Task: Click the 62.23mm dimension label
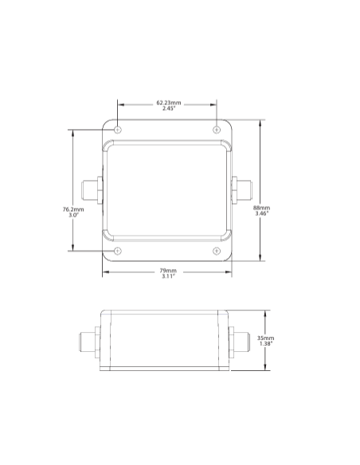coord(168,103)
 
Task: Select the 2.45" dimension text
coord(169,108)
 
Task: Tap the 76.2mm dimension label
coord(73,209)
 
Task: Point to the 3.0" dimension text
coord(73,215)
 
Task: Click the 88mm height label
coord(261,208)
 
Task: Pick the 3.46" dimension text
coord(262,213)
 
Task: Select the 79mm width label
coord(168,271)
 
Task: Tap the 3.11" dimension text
coord(168,276)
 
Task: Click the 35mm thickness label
coord(265,338)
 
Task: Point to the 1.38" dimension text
coord(266,343)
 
